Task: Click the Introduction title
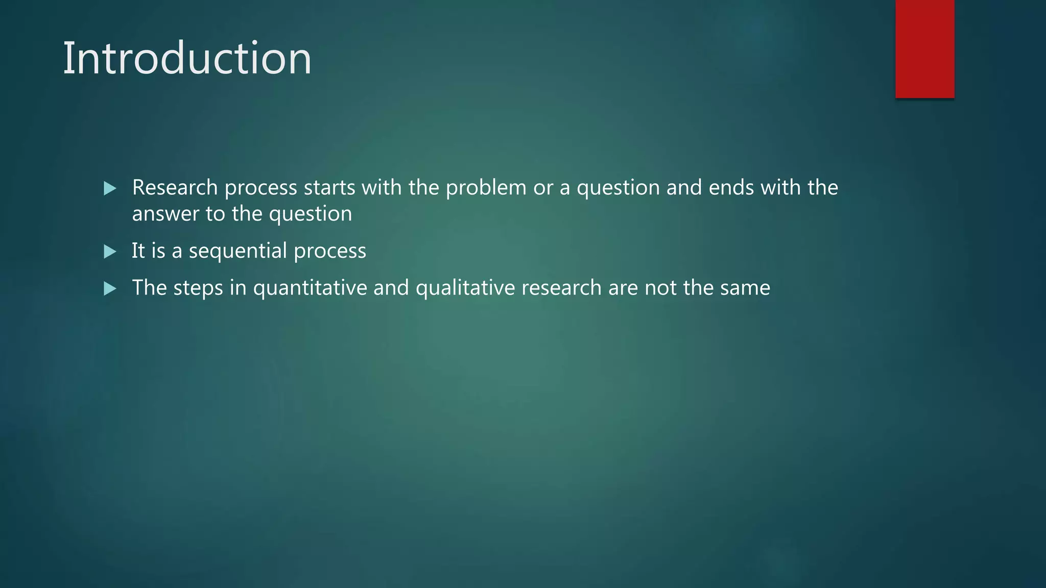(x=187, y=59)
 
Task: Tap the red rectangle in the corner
(x=924, y=49)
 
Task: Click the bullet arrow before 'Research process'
(x=110, y=189)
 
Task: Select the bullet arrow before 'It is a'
(x=110, y=252)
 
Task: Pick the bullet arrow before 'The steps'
(x=110, y=289)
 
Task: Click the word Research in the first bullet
(x=175, y=188)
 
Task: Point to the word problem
(x=486, y=188)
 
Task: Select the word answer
(x=165, y=214)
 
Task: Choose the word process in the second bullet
(x=330, y=251)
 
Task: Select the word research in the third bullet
(x=561, y=288)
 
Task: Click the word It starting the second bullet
(x=138, y=251)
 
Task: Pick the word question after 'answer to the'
(x=310, y=214)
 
